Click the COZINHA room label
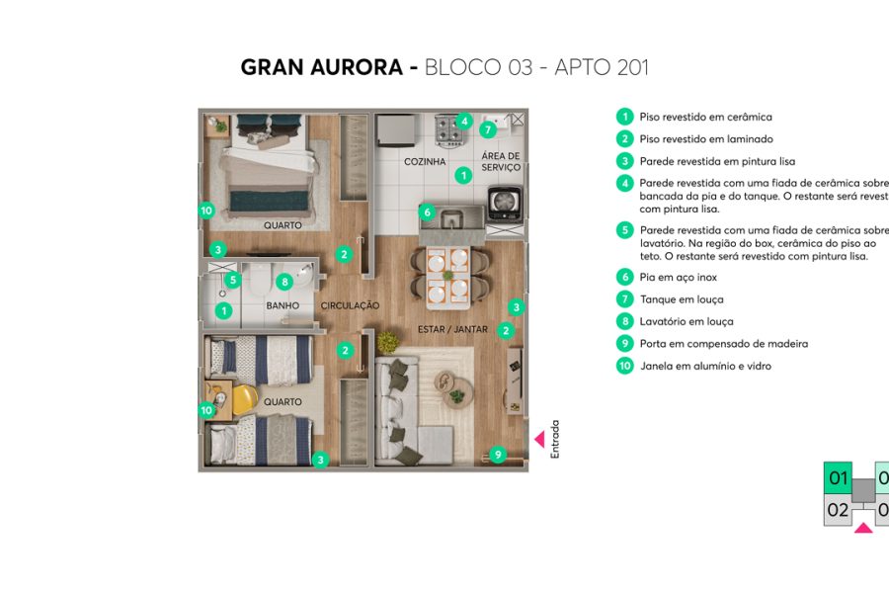pos(425,161)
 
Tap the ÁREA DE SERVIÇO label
pos(501,162)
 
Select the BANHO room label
pos(283,306)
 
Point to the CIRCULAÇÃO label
pos(350,306)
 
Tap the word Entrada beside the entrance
pos(555,439)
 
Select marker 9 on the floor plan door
pos(498,455)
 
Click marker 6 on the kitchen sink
pos(427,212)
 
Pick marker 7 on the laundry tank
pos(487,129)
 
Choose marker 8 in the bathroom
pos(284,281)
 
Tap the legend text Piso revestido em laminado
pos(705,139)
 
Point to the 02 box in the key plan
pos(838,511)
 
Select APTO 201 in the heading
pos(602,68)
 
